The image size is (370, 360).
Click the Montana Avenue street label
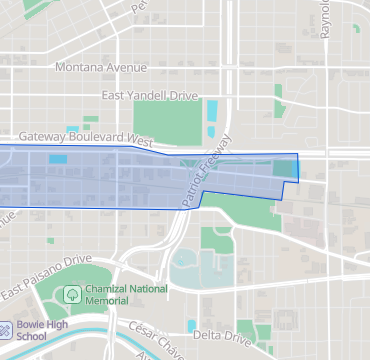point(101,68)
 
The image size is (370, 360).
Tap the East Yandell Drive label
point(150,96)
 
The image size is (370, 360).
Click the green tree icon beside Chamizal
point(72,294)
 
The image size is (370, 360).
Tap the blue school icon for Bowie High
point(6,328)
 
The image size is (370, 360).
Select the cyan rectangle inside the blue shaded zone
point(59,158)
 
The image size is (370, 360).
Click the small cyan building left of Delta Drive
point(191,325)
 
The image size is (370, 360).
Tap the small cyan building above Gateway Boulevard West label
point(72,129)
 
